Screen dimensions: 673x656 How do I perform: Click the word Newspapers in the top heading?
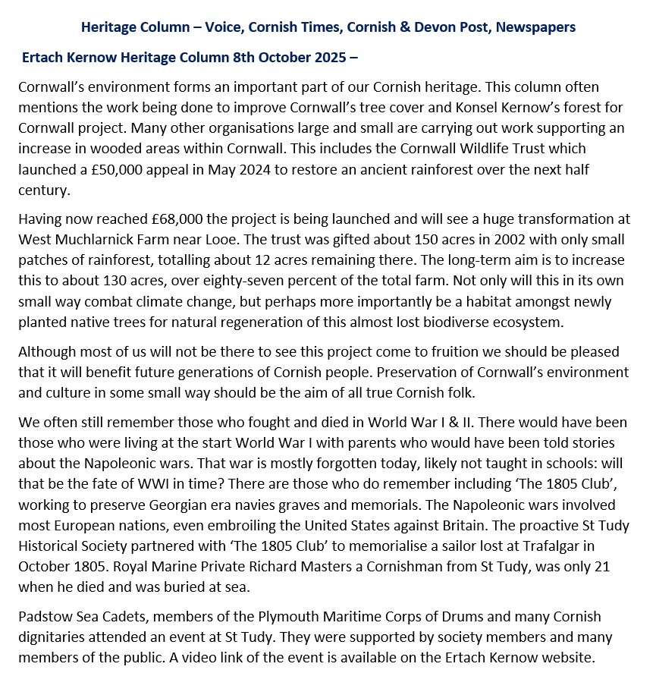(535, 27)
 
